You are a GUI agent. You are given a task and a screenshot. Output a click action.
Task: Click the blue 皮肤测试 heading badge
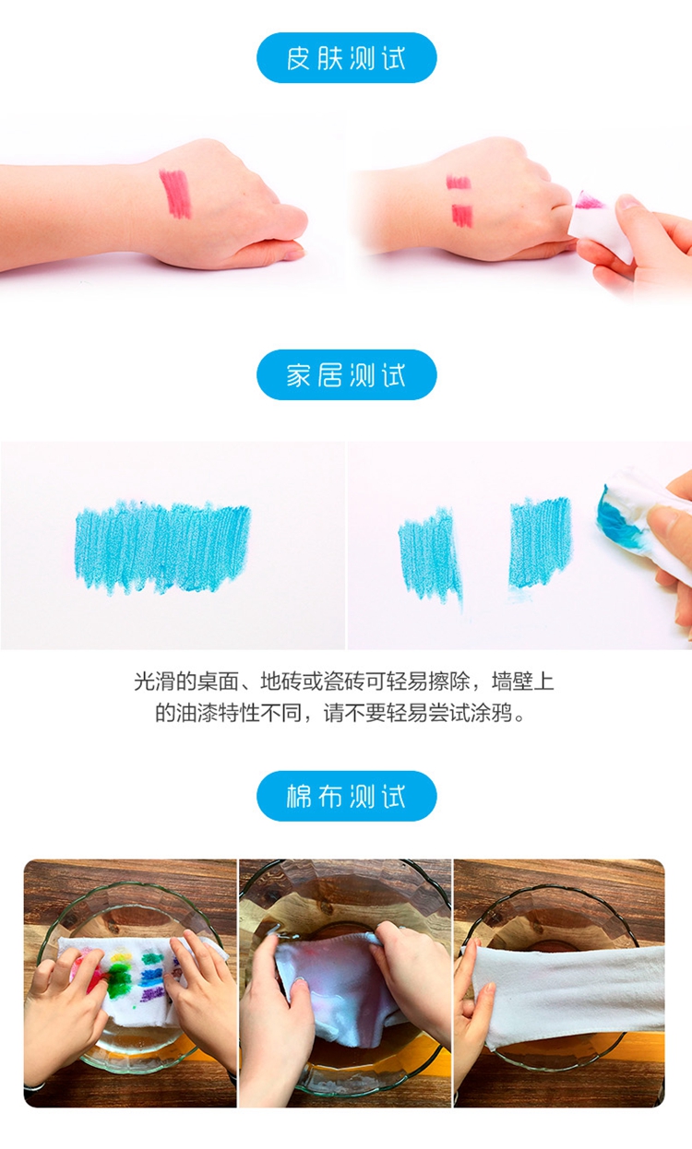347,57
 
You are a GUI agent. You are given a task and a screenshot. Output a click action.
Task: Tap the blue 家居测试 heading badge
347,374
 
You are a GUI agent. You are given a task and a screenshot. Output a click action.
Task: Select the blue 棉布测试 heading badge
347,796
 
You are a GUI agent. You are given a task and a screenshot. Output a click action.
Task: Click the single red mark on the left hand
175,194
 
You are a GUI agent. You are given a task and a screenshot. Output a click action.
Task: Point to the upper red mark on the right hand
459,182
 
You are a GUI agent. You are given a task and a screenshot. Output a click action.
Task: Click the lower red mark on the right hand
462,216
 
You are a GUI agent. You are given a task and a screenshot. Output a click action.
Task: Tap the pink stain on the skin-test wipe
589,200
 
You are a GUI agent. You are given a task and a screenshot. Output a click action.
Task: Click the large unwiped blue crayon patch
162,548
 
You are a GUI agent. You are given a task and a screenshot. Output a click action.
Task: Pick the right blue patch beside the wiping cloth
540,543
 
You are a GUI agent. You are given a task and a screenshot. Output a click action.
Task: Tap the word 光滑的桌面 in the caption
186,681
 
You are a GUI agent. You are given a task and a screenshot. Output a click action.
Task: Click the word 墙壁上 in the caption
523,681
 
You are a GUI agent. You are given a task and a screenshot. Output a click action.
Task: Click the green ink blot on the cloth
118,974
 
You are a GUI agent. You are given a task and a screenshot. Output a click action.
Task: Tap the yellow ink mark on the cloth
119,954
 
